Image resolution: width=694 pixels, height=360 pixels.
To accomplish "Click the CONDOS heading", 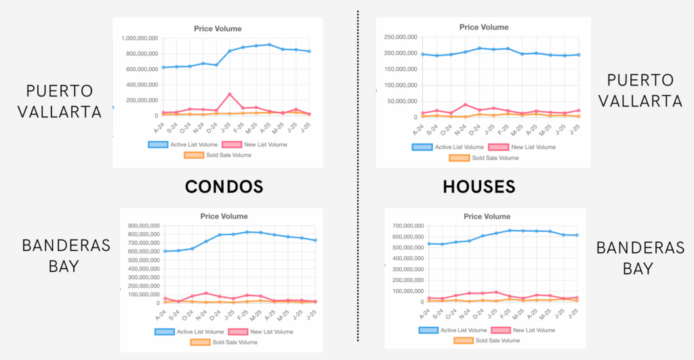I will [224, 186].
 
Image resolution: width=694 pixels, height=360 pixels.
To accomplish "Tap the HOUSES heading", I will [480, 186].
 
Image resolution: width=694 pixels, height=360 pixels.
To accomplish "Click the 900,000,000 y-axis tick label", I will [138, 226].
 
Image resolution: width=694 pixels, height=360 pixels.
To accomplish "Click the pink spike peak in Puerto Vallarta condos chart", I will [230, 94].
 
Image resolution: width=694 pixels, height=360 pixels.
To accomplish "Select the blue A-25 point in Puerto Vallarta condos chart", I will [270, 45].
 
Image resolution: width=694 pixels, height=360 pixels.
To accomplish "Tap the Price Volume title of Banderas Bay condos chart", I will [220, 216].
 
